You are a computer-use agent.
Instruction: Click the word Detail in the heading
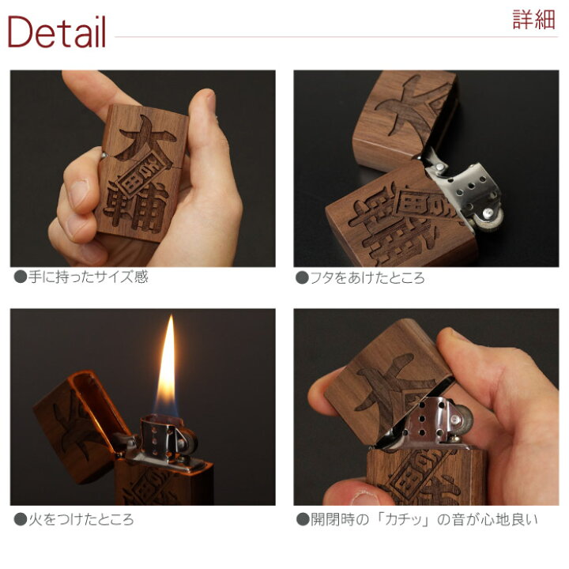[57, 32]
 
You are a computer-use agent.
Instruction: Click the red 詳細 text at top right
[533, 20]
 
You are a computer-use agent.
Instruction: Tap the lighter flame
[168, 367]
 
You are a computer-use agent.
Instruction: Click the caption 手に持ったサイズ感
[89, 277]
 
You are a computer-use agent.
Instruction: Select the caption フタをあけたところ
[367, 278]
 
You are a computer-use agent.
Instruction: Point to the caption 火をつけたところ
[81, 520]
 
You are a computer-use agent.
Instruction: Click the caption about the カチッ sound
[424, 520]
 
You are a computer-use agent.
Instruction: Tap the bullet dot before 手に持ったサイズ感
[21, 277]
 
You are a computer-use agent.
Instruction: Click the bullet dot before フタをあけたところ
[302, 278]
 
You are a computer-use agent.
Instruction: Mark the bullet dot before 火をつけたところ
[21, 520]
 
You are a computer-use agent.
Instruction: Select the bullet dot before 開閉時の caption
[302, 520]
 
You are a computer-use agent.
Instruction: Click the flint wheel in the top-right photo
[490, 218]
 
